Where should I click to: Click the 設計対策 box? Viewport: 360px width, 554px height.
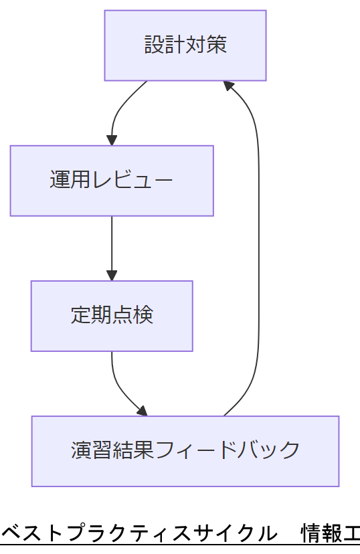point(185,45)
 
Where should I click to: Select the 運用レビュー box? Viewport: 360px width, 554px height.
point(112,181)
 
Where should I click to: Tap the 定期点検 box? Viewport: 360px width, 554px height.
point(112,316)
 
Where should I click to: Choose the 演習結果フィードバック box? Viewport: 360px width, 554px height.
point(185,451)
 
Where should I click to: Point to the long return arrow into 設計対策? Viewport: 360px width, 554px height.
point(258,248)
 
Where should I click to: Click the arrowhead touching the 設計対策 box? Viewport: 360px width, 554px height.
point(229,86)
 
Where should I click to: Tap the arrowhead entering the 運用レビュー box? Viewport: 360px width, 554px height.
point(112,141)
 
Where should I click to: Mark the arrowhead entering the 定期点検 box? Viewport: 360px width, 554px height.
point(112,276)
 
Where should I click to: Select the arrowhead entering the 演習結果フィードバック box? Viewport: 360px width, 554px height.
point(141,411)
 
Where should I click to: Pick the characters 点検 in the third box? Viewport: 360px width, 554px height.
point(132,316)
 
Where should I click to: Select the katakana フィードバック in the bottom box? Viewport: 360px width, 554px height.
point(227,450)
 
